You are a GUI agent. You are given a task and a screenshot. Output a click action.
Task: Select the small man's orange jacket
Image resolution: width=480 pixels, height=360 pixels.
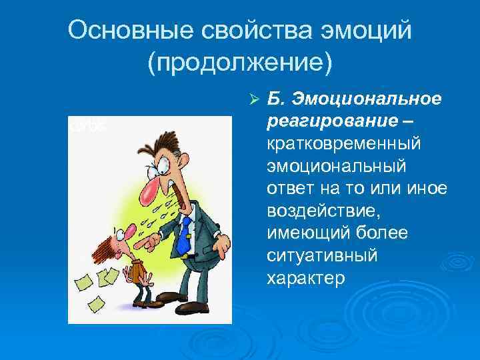tap(137, 270)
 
